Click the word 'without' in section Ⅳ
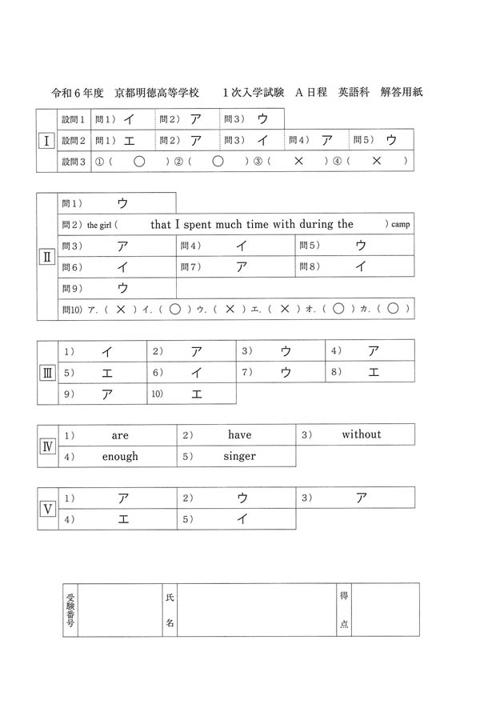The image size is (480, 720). pyautogui.click(x=362, y=434)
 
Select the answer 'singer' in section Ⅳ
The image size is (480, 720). pyautogui.click(x=239, y=456)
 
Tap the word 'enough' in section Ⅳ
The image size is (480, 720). pyautogui.click(x=120, y=456)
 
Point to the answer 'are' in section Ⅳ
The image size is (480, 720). pyautogui.click(x=120, y=435)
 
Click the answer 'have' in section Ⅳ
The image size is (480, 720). pyautogui.click(x=239, y=435)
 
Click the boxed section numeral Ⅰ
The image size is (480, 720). pyautogui.click(x=47, y=141)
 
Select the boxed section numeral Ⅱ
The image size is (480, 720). pyautogui.click(x=47, y=258)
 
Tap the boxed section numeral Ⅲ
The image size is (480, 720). pyautogui.click(x=47, y=372)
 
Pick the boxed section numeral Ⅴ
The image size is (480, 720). pyautogui.click(x=47, y=508)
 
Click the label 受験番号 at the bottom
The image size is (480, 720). pyautogui.click(x=70, y=610)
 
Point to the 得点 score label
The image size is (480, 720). pyautogui.click(x=343, y=610)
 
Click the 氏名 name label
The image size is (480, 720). pyautogui.click(x=169, y=610)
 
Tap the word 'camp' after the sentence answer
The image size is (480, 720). pyautogui.click(x=400, y=225)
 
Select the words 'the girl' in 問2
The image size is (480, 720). pyautogui.click(x=102, y=226)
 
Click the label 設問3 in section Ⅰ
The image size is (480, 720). pyautogui.click(x=73, y=162)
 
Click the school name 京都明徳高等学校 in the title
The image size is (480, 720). pyautogui.click(x=157, y=93)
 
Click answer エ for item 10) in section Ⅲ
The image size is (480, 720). pyautogui.click(x=197, y=394)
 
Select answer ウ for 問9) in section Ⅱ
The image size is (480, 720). pyautogui.click(x=122, y=287)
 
